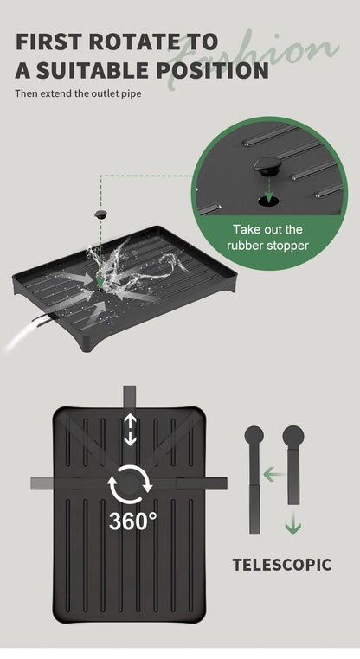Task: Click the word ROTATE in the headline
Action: pyautogui.click(x=135, y=42)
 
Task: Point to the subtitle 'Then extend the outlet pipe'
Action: pyautogui.click(x=78, y=93)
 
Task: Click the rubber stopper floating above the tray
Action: pyautogui.click(x=100, y=214)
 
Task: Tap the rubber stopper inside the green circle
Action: pyautogui.click(x=267, y=166)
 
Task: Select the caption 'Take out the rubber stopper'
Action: pyautogui.click(x=267, y=238)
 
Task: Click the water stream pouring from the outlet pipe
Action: pyautogui.click(x=20, y=336)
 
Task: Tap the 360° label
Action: pyautogui.click(x=133, y=521)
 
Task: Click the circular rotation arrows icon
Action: pyautogui.click(x=130, y=484)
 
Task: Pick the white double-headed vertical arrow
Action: pyautogui.click(x=130, y=430)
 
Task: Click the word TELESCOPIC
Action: pyautogui.click(x=282, y=565)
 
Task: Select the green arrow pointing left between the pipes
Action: pyautogui.click(x=273, y=476)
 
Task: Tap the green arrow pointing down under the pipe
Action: pyautogui.click(x=293, y=522)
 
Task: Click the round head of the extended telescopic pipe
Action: pyautogui.click(x=254, y=435)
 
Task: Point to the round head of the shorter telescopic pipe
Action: pyautogui.click(x=293, y=437)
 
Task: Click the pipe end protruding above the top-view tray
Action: pyautogui.click(x=130, y=396)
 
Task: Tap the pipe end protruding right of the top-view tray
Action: pyautogui.click(x=216, y=483)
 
